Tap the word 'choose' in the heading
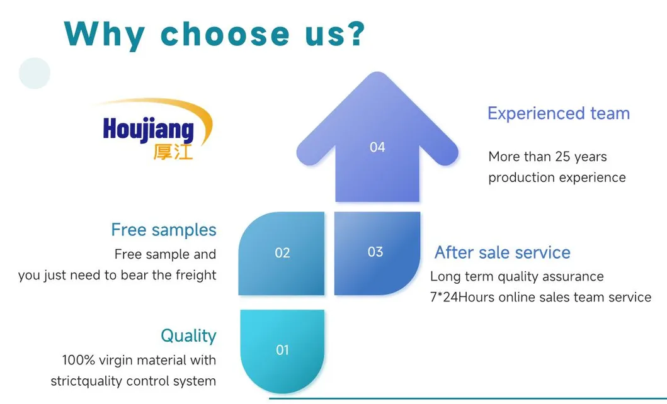click(225, 33)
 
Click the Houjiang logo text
click(148, 129)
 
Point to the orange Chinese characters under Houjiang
click(173, 152)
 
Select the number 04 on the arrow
click(377, 147)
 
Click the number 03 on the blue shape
click(375, 252)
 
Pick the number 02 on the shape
click(282, 253)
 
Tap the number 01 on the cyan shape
click(282, 350)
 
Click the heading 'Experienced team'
click(559, 113)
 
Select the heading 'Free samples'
click(164, 230)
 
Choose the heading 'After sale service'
click(503, 252)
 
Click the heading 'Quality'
click(188, 335)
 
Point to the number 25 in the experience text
click(562, 156)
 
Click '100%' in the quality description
click(79, 360)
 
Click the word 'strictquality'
click(87, 381)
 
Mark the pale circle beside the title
click(35, 73)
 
